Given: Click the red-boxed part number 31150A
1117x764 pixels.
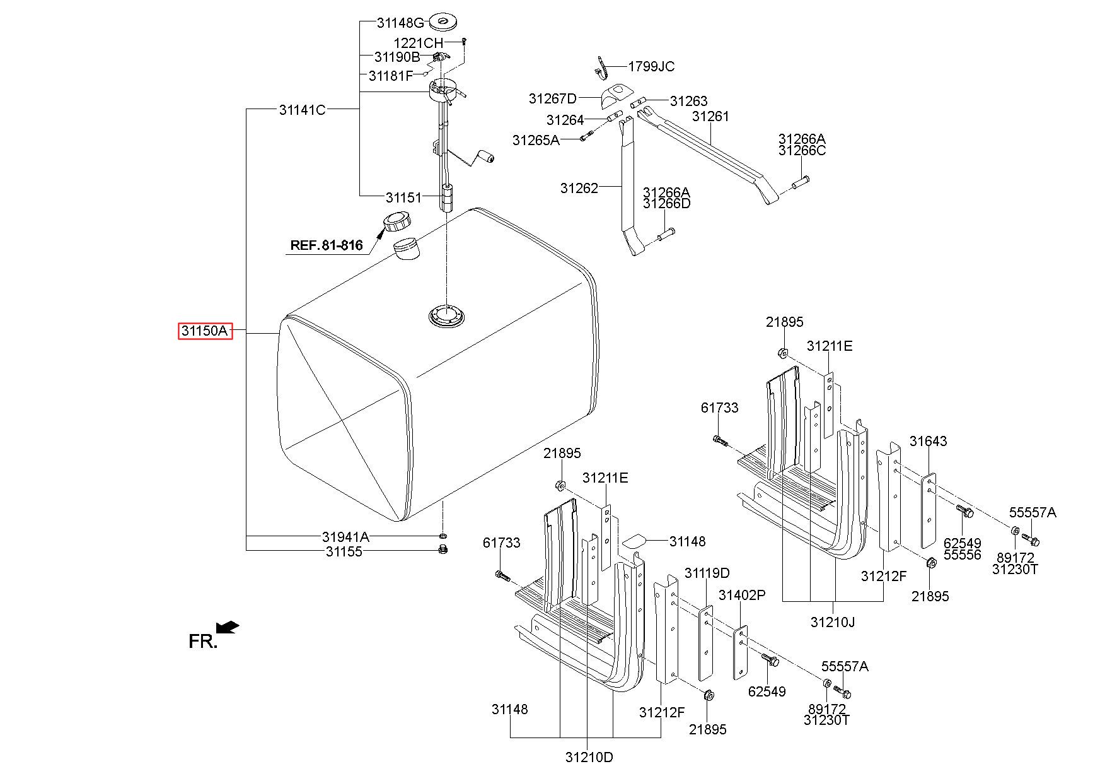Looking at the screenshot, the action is tap(205, 331).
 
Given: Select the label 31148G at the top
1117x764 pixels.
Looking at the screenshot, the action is tap(400, 23).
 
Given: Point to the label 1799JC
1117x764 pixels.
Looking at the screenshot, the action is tap(651, 66).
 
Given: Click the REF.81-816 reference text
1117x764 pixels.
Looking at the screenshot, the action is tap(327, 245).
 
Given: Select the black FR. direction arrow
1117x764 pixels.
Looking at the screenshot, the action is tap(227, 626).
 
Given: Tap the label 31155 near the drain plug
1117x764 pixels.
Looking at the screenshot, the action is tap(344, 551).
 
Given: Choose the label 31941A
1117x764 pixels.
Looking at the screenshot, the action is tap(345, 537).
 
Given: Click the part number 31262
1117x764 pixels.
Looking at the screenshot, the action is tap(579, 187).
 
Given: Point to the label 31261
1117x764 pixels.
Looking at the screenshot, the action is tap(710, 116).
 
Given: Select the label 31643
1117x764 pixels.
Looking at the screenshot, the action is tap(928, 441).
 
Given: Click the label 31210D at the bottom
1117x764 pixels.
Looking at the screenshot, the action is tap(589, 756).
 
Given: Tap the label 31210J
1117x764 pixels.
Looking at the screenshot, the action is tap(832, 622).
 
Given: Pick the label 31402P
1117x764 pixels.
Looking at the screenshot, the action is tap(742, 595).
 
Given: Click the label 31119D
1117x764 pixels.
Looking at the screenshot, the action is tap(707, 573).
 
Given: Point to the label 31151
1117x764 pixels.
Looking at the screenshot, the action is tap(403, 197).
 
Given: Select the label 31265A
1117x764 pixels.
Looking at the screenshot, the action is tap(536, 139).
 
